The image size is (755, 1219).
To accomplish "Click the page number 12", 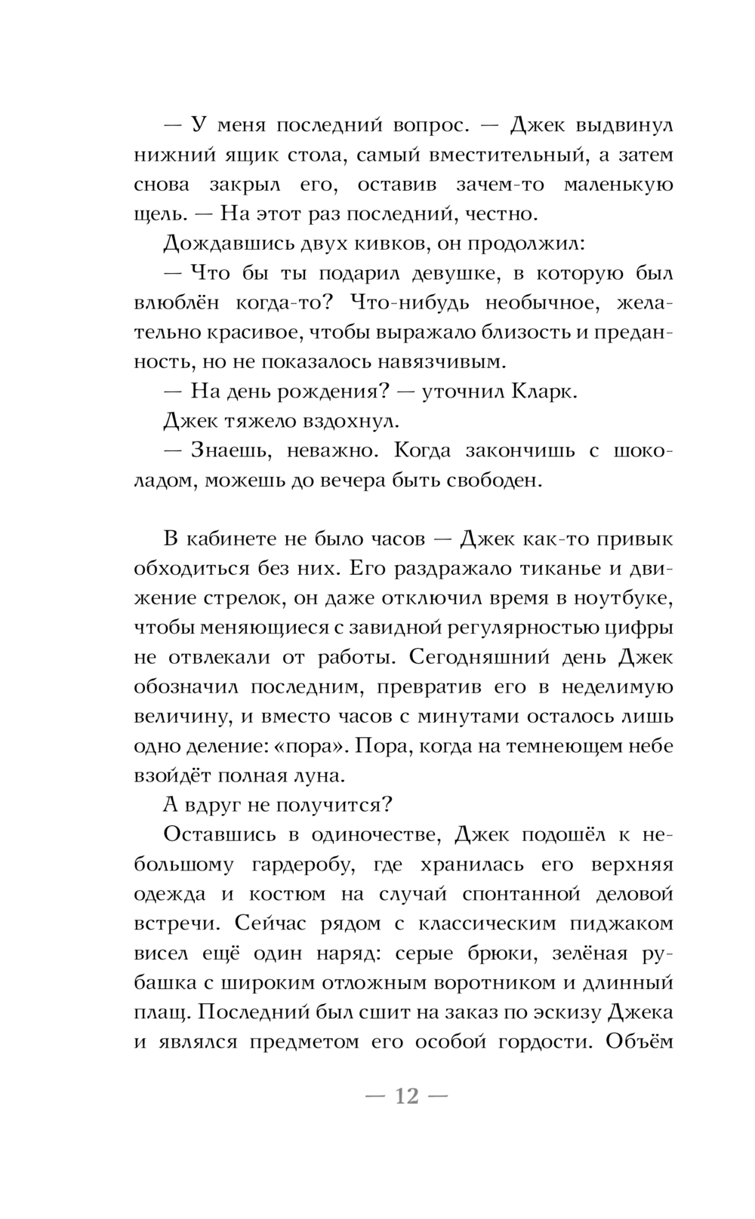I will tap(406, 1095).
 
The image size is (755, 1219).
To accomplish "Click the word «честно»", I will tap(505, 214).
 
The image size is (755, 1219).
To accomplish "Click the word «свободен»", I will tap(493, 481).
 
